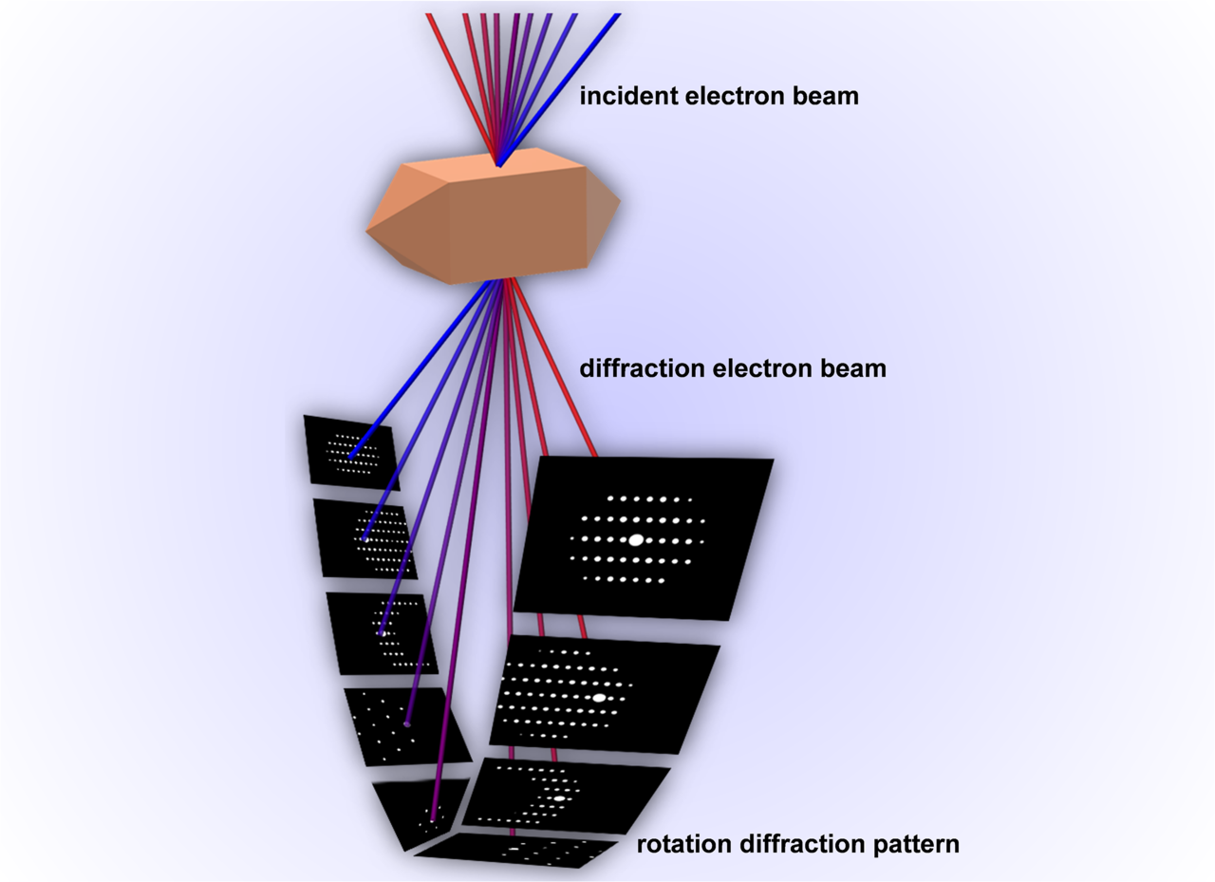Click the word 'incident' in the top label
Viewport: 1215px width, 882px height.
pyautogui.click(x=621, y=96)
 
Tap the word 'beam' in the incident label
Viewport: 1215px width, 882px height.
pyautogui.click(x=823, y=96)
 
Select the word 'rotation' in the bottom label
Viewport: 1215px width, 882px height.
pyautogui.click(x=677, y=843)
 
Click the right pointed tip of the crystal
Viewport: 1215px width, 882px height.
pyautogui.click(x=619, y=200)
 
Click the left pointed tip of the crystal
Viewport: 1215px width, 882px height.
pyautogui.click(x=367, y=230)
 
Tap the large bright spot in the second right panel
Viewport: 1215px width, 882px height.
pyautogui.click(x=599, y=697)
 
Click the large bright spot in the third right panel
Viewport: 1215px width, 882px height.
pyautogui.click(x=559, y=798)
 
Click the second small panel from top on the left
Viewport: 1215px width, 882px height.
pyautogui.click(x=364, y=537)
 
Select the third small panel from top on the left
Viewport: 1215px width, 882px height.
pyautogui.click(x=382, y=631)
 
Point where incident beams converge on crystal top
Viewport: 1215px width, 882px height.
pyautogui.click(x=498, y=164)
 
